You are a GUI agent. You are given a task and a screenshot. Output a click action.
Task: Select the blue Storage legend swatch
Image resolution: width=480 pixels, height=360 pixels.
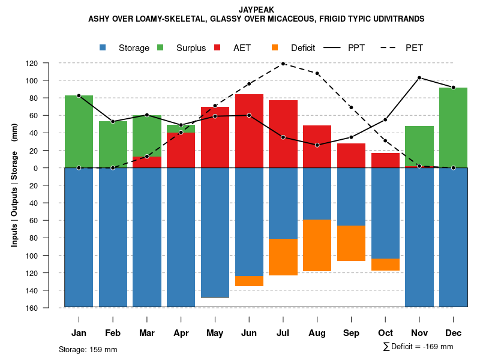click(103, 47)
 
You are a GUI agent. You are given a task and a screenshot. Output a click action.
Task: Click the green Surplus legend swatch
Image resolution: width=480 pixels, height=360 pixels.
click(160, 47)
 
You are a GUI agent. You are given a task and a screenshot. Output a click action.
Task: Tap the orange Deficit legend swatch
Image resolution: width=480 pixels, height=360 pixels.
click(275, 47)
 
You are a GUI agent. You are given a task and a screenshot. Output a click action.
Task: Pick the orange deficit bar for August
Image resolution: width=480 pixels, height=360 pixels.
click(317, 245)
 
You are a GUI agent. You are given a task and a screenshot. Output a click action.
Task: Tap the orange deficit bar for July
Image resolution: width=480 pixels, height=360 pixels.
click(283, 257)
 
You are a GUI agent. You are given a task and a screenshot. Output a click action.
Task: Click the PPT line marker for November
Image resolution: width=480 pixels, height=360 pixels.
click(419, 78)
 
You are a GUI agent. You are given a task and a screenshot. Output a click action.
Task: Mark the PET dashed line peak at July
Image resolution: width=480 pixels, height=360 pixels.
click(283, 64)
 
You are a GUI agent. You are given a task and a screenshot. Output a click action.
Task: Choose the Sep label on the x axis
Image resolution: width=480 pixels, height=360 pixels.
click(352, 333)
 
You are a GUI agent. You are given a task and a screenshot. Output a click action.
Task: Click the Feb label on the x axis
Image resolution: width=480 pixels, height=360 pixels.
click(113, 333)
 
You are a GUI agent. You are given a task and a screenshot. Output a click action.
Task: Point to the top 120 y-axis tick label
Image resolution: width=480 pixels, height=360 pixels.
click(49, 63)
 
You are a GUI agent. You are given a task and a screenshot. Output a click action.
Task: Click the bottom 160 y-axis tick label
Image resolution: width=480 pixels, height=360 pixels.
click(49, 308)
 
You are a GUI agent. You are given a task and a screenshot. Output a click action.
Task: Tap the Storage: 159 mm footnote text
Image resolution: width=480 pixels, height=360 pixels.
click(88, 349)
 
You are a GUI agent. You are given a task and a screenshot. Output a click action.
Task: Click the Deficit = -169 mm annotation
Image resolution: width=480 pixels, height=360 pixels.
click(418, 347)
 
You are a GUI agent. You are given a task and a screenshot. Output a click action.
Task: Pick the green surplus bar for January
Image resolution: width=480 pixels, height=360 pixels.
click(79, 131)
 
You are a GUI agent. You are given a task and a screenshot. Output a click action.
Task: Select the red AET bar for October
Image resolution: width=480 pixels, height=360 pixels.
click(385, 160)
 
